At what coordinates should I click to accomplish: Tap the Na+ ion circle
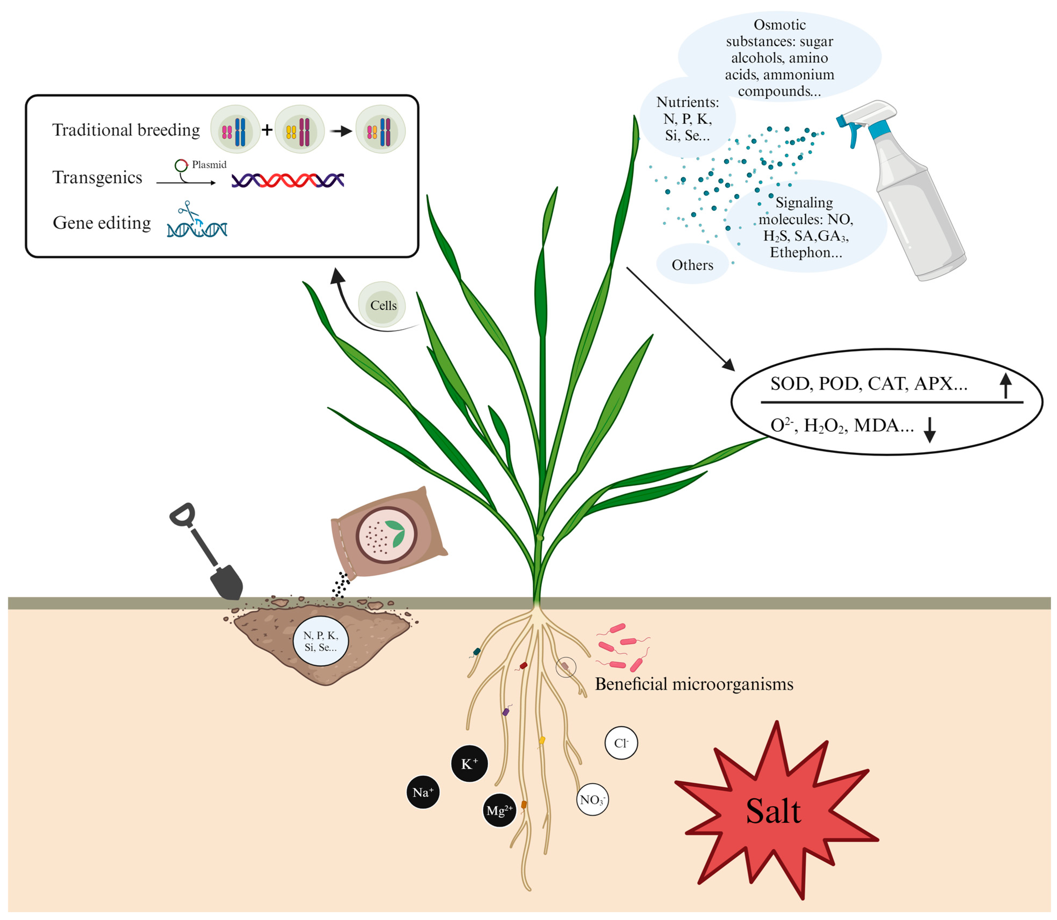[x=422, y=792]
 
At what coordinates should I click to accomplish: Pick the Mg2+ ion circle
[x=499, y=811]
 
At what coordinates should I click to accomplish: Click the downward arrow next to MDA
[x=929, y=429]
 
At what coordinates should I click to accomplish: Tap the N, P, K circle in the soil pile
[x=320, y=641]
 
